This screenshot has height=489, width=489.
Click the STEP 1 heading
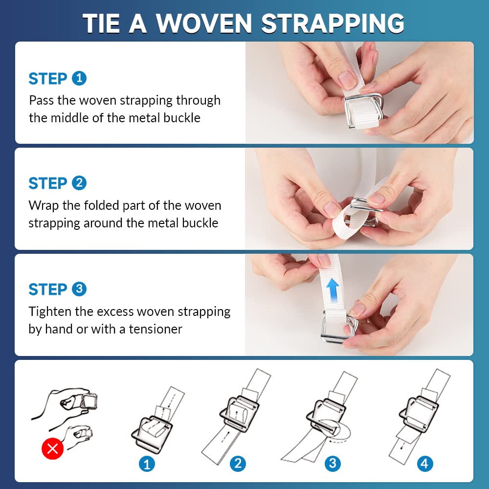57,79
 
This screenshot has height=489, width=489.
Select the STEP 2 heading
57,183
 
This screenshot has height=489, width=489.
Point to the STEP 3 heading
57,289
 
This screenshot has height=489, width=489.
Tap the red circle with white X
52,449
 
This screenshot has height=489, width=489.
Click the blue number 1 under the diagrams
147,464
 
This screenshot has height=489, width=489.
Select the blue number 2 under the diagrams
238,464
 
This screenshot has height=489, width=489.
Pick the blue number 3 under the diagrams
333,464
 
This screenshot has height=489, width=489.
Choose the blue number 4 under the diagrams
424,464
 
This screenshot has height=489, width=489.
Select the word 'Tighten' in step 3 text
50,311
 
